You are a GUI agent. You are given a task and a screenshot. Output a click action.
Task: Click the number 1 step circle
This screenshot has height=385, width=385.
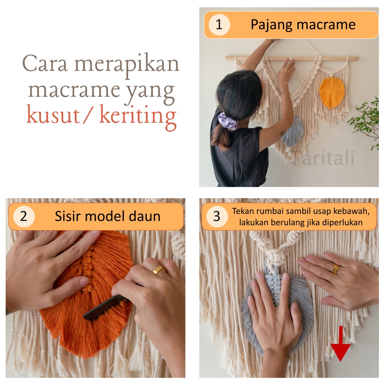[x=219, y=25]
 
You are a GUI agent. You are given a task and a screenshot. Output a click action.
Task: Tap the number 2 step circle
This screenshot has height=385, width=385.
[x=24, y=216]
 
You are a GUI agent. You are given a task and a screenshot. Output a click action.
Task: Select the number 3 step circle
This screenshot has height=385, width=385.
[x=217, y=216]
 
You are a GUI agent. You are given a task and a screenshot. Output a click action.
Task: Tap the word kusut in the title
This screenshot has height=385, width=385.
[x=53, y=115]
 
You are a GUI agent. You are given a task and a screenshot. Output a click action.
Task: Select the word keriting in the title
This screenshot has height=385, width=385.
[x=138, y=117]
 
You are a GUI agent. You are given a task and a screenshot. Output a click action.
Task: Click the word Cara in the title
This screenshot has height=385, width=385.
[x=45, y=63]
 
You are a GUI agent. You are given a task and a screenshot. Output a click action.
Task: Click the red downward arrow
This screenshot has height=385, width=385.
[x=340, y=344]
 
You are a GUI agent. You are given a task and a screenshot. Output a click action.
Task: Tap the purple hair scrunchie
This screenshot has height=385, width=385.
[x=228, y=121]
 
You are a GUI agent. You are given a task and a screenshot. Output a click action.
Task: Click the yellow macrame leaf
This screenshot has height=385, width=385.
[x=332, y=92]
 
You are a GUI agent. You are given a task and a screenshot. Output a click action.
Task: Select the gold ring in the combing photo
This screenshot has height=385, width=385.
[x=159, y=270]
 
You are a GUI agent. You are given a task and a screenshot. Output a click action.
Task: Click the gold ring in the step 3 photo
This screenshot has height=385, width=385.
[x=335, y=269]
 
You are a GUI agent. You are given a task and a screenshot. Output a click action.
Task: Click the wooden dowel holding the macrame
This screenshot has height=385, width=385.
[x=291, y=58]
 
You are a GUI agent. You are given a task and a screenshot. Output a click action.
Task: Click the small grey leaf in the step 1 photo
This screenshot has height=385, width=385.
[x=293, y=132]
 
